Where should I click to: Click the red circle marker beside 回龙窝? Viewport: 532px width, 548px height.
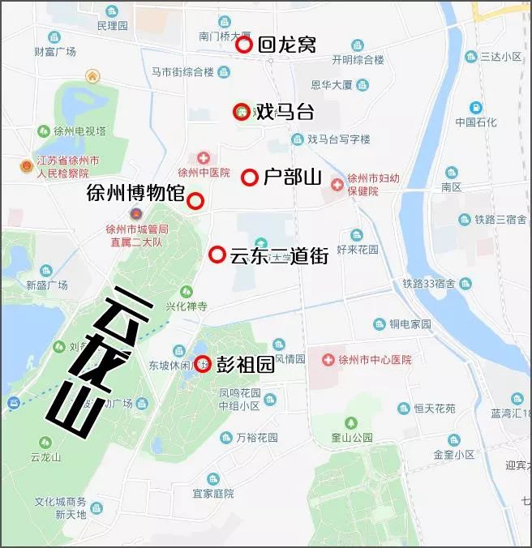[x=244, y=45]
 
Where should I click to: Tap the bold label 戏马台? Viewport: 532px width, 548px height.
[x=284, y=112]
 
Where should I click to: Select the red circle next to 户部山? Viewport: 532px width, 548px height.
[x=250, y=177]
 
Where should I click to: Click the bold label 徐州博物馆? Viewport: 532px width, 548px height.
[x=135, y=194]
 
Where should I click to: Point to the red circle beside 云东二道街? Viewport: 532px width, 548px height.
[x=217, y=255]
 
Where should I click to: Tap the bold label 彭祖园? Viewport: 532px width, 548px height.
[x=244, y=365]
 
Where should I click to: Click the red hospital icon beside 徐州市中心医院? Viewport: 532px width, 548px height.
[x=328, y=359]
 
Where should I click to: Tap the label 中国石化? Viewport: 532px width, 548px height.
[x=475, y=122]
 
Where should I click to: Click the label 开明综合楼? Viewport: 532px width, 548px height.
[x=357, y=59]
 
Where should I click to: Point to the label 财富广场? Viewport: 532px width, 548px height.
[x=55, y=51]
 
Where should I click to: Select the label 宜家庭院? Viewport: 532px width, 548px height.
[x=212, y=493]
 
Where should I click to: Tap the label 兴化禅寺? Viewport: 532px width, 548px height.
[x=187, y=306]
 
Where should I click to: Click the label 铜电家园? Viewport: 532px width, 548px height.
[x=409, y=324]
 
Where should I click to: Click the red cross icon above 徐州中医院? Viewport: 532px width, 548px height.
[x=204, y=157]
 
